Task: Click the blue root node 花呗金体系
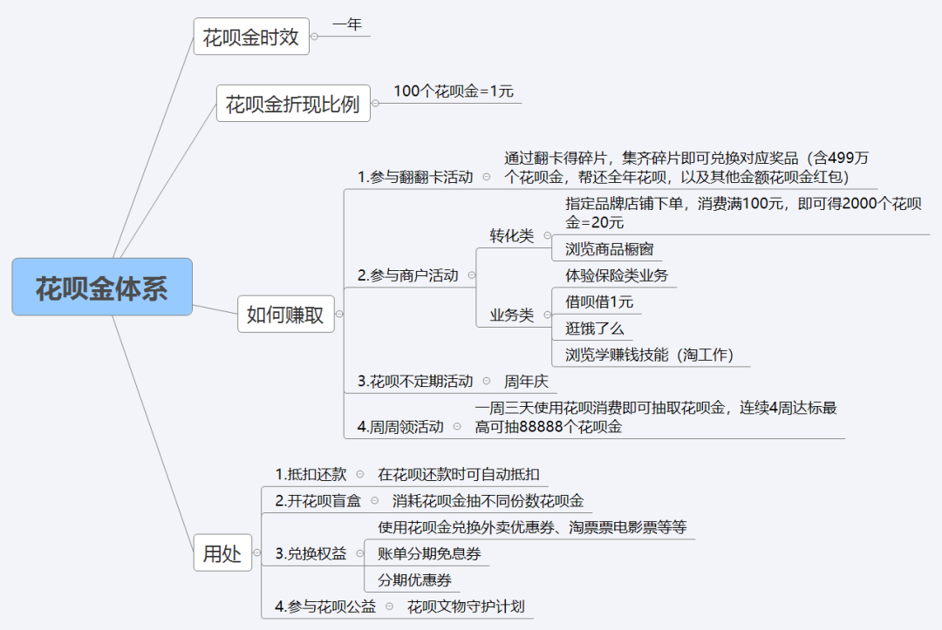(x=102, y=287)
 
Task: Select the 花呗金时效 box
(x=251, y=37)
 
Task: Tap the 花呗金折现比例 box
(x=293, y=104)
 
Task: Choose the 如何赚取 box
(x=286, y=314)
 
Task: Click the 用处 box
(x=222, y=552)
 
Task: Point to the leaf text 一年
(x=347, y=24)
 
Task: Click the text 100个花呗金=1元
(x=454, y=91)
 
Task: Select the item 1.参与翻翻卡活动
(x=415, y=177)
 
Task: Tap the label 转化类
(x=512, y=236)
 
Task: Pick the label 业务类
(x=512, y=315)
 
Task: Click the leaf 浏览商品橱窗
(x=609, y=249)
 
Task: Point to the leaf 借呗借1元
(x=599, y=301)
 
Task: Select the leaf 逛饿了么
(x=594, y=329)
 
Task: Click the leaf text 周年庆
(x=526, y=381)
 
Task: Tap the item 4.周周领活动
(x=400, y=427)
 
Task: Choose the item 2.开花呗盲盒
(x=317, y=501)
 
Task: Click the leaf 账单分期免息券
(x=429, y=554)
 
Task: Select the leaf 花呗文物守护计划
(x=466, y=606)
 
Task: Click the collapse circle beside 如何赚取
(x=339, y=314)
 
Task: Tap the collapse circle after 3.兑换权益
(x=360, y=553)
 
